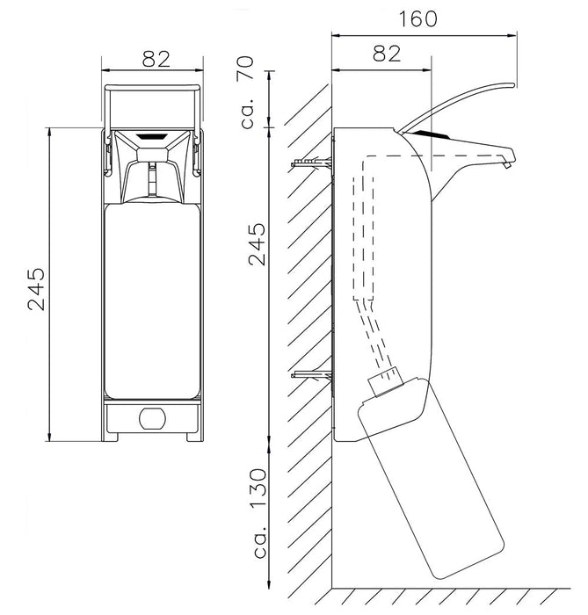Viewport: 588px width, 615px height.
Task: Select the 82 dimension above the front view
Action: (155, 58)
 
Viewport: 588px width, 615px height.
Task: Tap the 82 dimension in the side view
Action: (380, 53)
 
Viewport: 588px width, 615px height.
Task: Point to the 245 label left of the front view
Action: (38, 286)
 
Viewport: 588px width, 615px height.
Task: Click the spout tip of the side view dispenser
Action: (507, 163)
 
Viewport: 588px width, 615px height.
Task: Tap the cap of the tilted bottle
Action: (387, 383)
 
